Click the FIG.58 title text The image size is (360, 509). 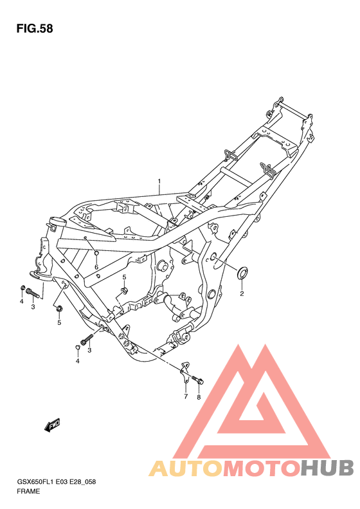35,28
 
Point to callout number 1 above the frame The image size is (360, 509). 159,180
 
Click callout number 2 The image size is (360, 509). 242,294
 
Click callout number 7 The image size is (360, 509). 186,396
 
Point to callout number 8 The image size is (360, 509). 199,397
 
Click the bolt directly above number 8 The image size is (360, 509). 197,380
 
